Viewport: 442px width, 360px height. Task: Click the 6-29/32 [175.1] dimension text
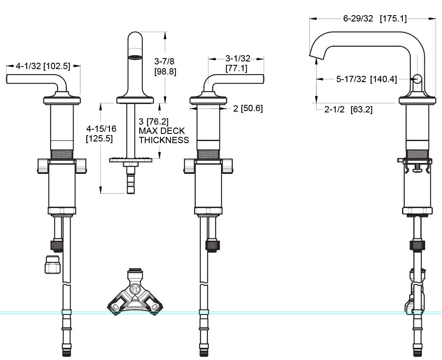pyautogui.click(x=375, y=19)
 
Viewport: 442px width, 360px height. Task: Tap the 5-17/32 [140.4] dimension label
pyautogui.click(x=367, y=79)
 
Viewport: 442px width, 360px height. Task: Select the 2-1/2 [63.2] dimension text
pyautogui.click(x=349, y=109)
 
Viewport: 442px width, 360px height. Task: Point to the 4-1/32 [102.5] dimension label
pyautogui.click(x=43, y=66)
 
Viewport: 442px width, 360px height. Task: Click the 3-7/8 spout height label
pyautogui.click(x=165, y=66)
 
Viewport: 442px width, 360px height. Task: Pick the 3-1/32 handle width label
pyautogui.click(x=237, y=63)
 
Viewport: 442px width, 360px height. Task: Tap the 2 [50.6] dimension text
pyautogui.click(x=248, y=108)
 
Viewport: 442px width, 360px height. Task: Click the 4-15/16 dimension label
pyautogui.click(x=101, y=133)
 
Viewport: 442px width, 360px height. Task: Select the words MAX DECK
pyautogui.click(x=162, y=131)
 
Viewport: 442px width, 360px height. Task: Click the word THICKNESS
pyautogui.click(x=164, y=140)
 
